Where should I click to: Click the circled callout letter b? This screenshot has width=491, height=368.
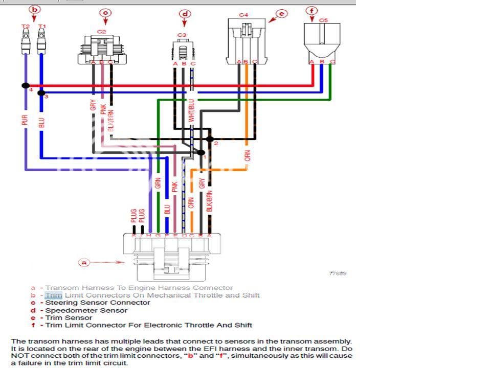pyautogui.click(x=35, y=9)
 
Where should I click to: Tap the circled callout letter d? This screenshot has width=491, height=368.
pyautogui.click(x=185, y=14)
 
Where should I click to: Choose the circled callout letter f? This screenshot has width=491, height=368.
pyautogui.click(x=313, y=10)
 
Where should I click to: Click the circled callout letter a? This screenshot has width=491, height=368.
pyautogui.click(x=85, y=263)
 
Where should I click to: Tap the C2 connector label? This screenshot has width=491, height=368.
pyautogui.click(x=102, y=31)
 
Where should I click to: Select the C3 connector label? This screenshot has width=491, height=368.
pyautogui.click(x=182, y=35)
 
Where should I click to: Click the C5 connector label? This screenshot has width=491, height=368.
pyautogui.click(x=323, y=20)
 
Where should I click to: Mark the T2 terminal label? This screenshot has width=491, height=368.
pyautogui.click(x=25, y=26)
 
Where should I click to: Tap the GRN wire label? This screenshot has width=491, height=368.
pyautogui.click(x=158, y=183)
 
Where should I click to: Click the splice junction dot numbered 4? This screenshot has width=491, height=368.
pyautogui.click(x=26, y=86)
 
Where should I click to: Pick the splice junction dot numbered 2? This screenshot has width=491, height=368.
pyautogui.click(x=209, y=139)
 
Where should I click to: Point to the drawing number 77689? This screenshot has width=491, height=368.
pyautogui.click(x=338, y=273)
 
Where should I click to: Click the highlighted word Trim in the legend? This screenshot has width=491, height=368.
pyautogui.click(x=53, y=295)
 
